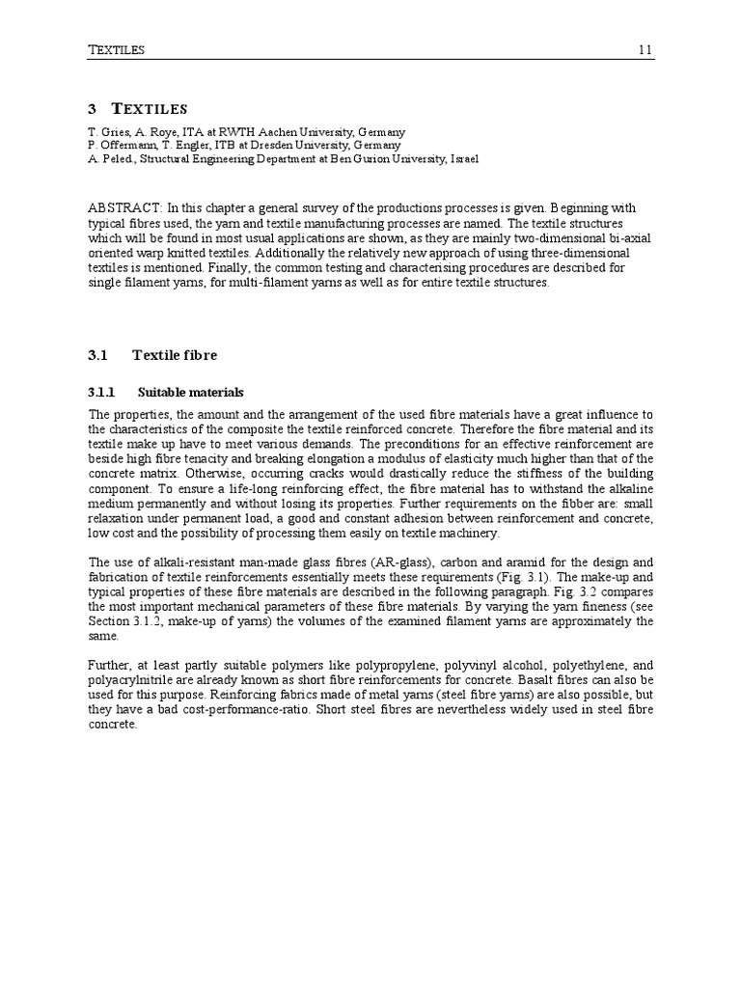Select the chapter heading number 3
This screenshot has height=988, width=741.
tap(92, 109)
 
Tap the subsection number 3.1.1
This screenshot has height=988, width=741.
tap(101, 393)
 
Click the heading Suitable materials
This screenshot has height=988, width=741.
tap(191, 393)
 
